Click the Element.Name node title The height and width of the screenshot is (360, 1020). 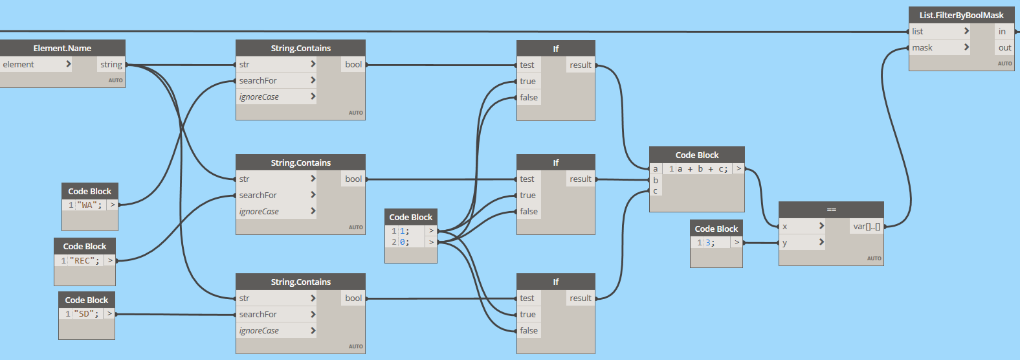[62, 48]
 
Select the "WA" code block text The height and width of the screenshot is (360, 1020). [89, 205]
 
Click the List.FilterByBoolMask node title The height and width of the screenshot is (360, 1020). [961, 15]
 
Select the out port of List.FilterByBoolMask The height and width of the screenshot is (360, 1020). [1004, 47]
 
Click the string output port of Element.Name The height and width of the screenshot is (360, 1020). [111, 64]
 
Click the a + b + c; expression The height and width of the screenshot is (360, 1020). [702, 169]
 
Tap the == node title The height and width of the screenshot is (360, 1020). [831, 210]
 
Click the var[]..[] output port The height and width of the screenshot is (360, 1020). [867, 226]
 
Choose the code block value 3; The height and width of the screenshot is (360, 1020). [710, 243]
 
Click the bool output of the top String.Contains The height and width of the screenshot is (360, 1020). [353, 64]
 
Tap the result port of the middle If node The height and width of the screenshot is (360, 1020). [581, 179]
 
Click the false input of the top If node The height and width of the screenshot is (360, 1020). [529, 97]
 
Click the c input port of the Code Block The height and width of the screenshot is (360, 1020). [656, 191]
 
